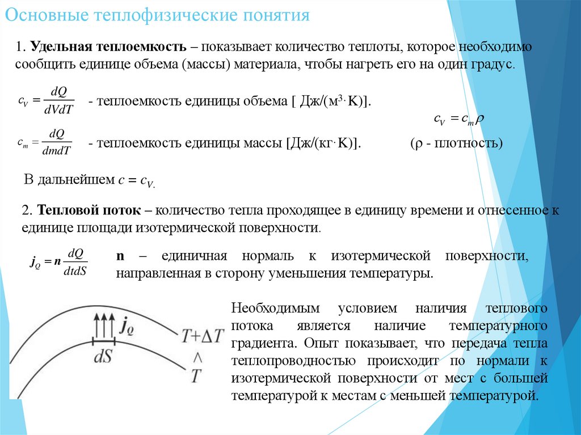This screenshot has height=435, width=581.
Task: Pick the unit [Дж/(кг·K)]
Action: pos(321,143)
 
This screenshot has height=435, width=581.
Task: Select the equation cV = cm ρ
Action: pos(458,119)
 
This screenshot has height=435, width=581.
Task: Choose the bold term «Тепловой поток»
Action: pos(90,211)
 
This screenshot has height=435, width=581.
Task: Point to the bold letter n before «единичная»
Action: pos(120,256)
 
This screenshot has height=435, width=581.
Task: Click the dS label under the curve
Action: pos(103,358)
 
